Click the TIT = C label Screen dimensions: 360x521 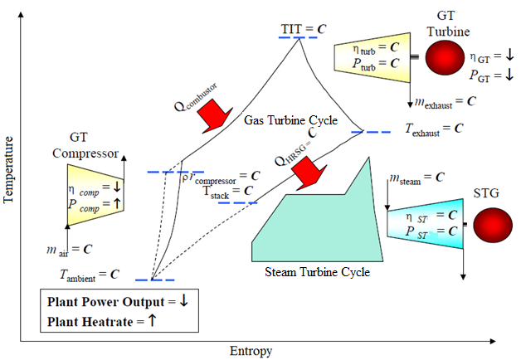tap(303, 28)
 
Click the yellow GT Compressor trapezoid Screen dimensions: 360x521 tap(95, 195)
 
